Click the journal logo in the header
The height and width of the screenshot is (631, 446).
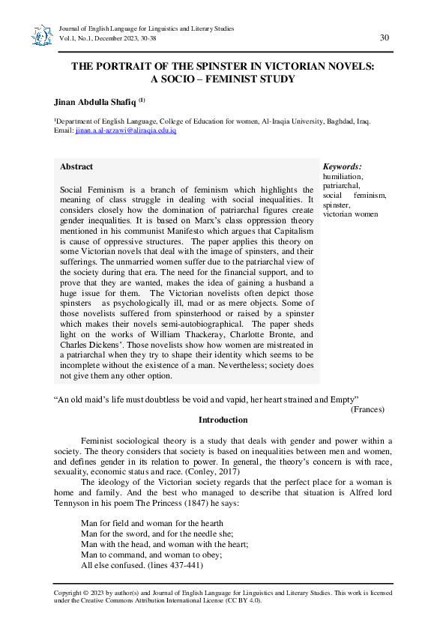pos(38,34)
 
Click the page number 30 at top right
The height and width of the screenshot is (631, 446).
pos(385,37)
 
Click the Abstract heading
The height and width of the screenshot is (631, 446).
pos(76,166)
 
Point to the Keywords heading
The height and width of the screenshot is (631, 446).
pos(343,166)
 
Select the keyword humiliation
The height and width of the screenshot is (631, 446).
pos(343,176)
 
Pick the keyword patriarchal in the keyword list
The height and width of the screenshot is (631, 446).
pos(341,185)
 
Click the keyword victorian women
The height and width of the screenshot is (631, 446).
pos(351,214)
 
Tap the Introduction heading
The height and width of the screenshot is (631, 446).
pos(223,420)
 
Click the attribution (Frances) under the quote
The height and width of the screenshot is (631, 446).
pos(367,409)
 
